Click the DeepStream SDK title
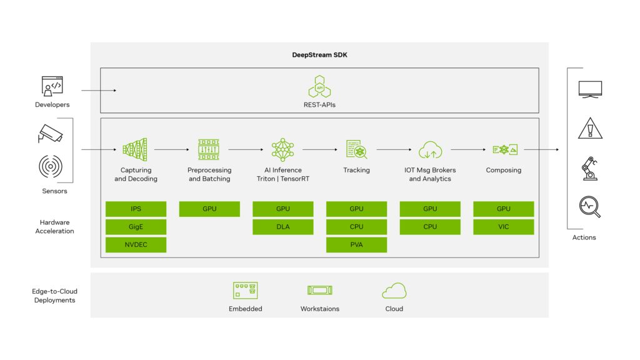319,55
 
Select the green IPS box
136,209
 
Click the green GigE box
136,227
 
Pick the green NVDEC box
136,244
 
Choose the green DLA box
283,227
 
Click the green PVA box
356,244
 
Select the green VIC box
503,227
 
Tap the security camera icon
51,133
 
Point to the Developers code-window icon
52,85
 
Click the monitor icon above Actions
590,89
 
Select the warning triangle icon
590,128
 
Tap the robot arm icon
589,168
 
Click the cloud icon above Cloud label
394,291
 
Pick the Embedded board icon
246,290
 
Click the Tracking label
356,170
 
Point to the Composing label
503,170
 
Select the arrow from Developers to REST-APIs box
99,91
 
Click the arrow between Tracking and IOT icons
394,150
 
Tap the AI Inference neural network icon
283,150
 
